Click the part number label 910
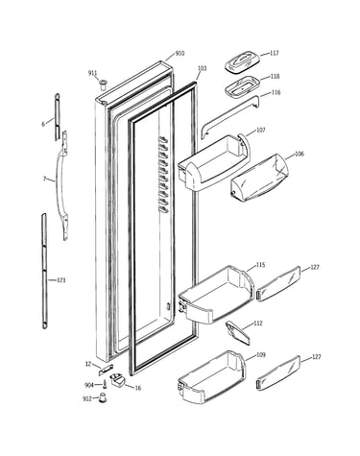[180, 53]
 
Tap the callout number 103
[202, 68]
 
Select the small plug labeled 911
[103, 84]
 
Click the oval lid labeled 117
[242, 62]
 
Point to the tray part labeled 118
[242, 85]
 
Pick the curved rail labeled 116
[229, 116]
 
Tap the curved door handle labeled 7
[61, 185]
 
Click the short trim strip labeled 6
[57, 116]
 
